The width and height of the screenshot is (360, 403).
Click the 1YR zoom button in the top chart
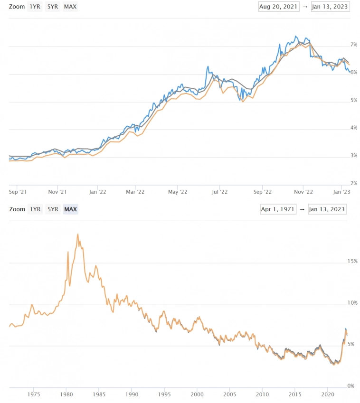tap(35, 7)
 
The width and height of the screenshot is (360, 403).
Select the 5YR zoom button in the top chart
tap(52, 7)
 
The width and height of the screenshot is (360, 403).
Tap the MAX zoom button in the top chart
tap(70, 7)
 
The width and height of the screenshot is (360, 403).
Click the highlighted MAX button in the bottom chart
tap(70, 209)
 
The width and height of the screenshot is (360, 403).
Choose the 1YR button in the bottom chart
tap(35, 209)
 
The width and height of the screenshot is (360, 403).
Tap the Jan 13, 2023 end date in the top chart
tap(330, 7)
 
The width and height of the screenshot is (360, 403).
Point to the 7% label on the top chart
tap(340, 45)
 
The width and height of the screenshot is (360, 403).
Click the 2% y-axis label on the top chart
tap(340, 183)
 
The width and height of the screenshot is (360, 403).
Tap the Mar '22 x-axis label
tap(135, 192)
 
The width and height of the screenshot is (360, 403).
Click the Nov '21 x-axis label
tap(57, 192)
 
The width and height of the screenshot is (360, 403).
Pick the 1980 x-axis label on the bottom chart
tap(66, 394)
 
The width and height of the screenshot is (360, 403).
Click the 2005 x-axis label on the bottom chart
tap(229, 394)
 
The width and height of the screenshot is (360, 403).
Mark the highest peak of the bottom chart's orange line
tap(77, 234)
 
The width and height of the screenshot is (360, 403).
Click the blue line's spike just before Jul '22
tap(208, 67)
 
